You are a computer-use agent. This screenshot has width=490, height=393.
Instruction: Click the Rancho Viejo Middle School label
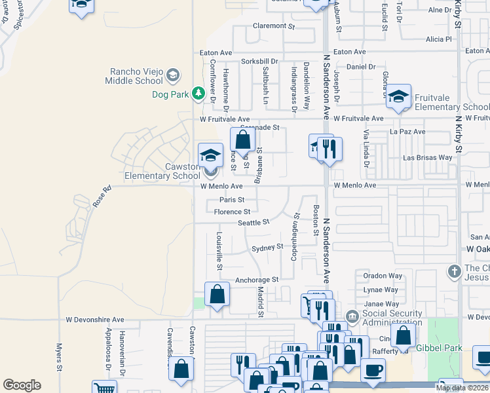[x=135, y=76]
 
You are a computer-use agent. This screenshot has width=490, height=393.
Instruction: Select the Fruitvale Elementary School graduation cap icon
[x=398, y=96]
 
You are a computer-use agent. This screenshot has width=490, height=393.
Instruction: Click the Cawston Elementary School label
[x=163, y=171]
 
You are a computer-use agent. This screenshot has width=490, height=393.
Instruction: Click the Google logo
[x=22, y=385]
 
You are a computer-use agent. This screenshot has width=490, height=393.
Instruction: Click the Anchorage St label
[x=257, y=280]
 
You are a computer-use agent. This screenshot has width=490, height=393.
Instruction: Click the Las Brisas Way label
[x=427, y=158]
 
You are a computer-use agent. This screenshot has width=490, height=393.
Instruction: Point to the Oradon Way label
[x=383, y=276]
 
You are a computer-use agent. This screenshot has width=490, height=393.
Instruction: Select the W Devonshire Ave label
[x=94, y=320]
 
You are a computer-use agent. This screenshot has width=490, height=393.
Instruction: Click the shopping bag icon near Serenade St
[x=242, y=139]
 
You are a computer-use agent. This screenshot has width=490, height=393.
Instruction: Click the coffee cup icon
[x=373, y=370]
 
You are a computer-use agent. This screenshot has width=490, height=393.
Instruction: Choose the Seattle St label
[x=254, y=223]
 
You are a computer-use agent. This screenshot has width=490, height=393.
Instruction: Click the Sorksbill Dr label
[x=259, y=61]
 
